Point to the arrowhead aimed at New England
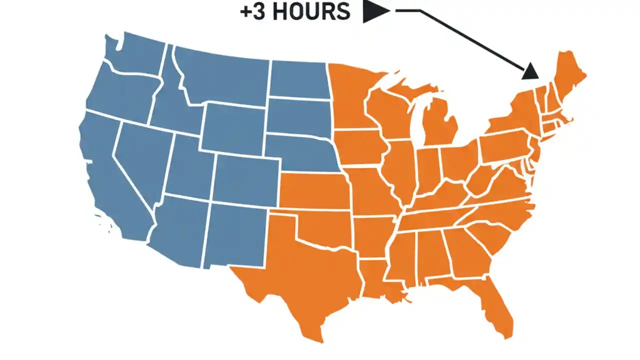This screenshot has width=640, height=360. tap(530, 72)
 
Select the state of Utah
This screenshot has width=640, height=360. tap(190, 167)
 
